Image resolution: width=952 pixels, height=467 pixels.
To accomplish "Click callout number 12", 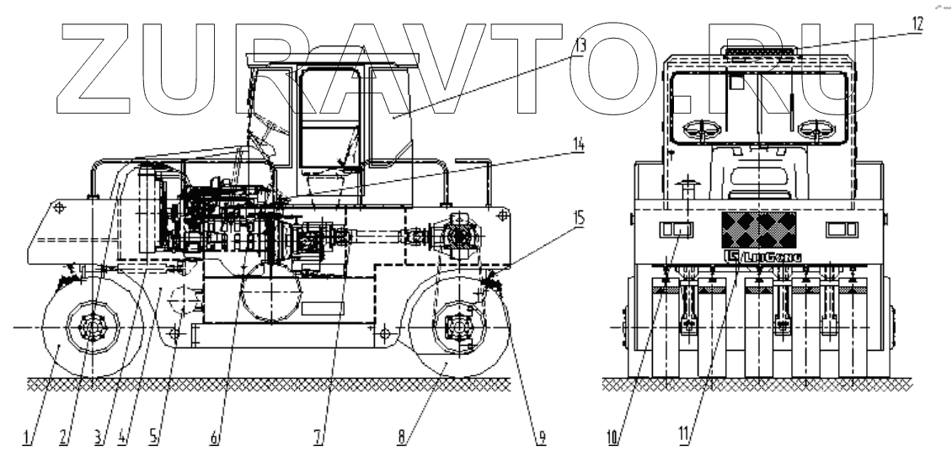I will [917, 24].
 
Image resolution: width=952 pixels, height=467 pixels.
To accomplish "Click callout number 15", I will [578, 216].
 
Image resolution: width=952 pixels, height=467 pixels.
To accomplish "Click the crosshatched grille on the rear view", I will [758, 227].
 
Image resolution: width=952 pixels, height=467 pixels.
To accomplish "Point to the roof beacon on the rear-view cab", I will [759, 52].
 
